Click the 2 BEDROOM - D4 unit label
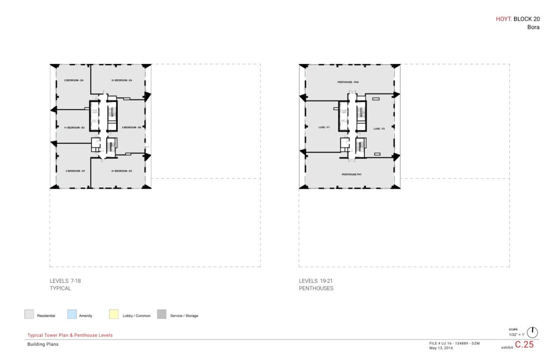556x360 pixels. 74,80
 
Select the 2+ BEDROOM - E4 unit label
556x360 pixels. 122,80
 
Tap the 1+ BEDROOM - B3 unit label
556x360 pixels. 74,128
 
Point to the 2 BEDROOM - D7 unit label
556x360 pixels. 75,171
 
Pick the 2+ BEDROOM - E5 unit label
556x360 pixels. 122,171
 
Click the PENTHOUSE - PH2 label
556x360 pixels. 349,82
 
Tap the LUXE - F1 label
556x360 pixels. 325,128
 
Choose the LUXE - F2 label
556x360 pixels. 379,129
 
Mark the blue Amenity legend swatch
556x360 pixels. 72,314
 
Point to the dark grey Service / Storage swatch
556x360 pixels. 162,314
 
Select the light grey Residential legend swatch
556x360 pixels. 29,314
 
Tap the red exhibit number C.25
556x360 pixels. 524,344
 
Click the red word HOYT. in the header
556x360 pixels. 504,18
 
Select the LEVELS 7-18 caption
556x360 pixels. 65,281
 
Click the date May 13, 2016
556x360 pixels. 441,348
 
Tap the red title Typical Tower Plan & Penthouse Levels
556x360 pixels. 70,335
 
